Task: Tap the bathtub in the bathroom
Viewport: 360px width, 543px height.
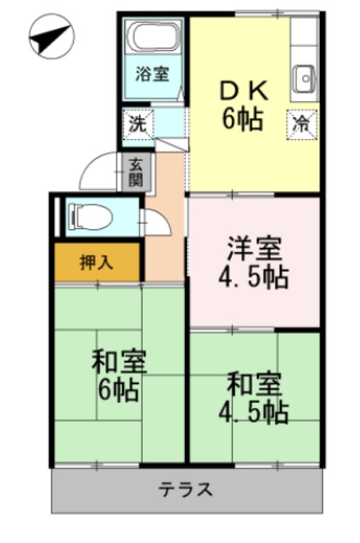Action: coord(155,39)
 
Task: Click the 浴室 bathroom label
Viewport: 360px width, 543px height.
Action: coord(154,74)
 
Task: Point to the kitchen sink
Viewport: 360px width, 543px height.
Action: coord(303,80)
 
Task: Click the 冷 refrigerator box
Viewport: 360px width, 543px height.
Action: coord(301,121)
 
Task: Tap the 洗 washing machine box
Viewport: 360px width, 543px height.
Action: coord(135,122)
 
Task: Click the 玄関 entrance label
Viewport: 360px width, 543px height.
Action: coord(137,171)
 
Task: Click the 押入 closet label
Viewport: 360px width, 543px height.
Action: coord(96,262)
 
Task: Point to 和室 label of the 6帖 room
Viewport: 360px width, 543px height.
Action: coord(120,362)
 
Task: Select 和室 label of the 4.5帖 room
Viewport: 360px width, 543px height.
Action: coord(254,383)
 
